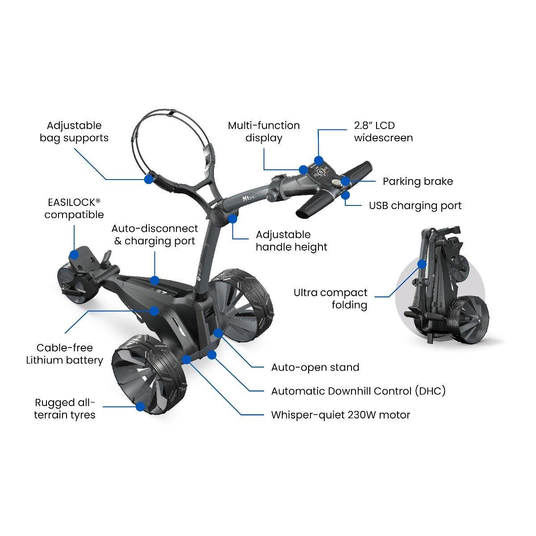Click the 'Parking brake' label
[418, 182]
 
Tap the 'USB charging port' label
[415, 206]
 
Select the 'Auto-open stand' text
[315, 368]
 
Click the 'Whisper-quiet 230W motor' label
[341, 415]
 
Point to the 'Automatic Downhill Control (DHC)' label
[359, 391]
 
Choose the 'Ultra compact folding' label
[331, 299]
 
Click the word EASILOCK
[72, 202]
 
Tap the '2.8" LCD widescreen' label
[383, 132]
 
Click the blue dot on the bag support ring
[149, 179]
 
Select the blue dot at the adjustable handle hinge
[233, 218]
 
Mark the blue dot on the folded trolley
[422, 264]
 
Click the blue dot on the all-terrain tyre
[141, 406]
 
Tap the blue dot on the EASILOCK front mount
[74, 254]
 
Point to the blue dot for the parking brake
[345, 181]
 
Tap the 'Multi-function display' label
[264, 132]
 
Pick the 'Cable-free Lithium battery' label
[64, 354]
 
